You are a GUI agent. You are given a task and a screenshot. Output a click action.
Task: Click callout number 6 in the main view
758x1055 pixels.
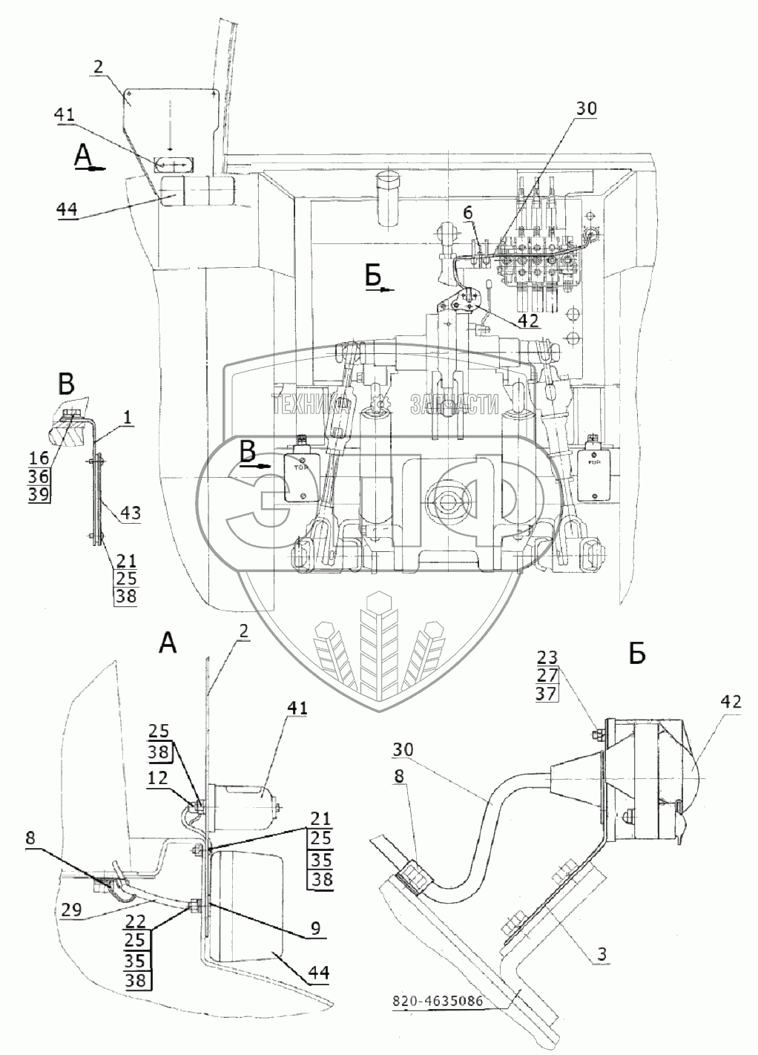467,213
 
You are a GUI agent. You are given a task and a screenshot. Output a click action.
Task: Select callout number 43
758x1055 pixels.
128,512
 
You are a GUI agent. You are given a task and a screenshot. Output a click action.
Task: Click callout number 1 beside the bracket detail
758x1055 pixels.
128,418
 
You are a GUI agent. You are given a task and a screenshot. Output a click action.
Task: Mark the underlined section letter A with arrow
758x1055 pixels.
84,156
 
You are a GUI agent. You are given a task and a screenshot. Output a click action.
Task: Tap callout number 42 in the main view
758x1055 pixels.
527,321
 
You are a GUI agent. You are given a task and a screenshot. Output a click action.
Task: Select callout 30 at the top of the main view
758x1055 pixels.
585,108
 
